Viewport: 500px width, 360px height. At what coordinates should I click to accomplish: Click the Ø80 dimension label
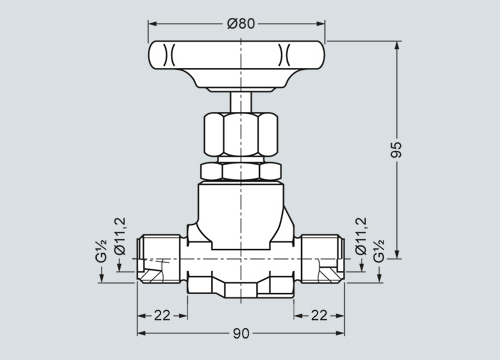[x=241, y=24]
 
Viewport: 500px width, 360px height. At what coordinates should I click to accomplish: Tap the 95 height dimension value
[x=397, y=150]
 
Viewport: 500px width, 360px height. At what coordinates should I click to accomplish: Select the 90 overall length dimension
[x=241, y=333]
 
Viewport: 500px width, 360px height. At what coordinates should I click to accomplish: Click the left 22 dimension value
[x=162, y=315]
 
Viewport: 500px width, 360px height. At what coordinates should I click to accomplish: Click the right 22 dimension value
[x=319, y=315]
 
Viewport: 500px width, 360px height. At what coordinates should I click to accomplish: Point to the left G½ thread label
[x=101, y=251]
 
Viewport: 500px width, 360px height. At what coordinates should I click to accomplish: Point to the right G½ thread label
[x=379, y=251]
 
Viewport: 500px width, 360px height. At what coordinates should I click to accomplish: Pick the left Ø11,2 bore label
[x=120, y=236]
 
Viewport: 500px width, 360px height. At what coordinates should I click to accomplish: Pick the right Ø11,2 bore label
[x=361, y=236]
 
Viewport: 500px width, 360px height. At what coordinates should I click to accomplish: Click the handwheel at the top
[x=236, y=65]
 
